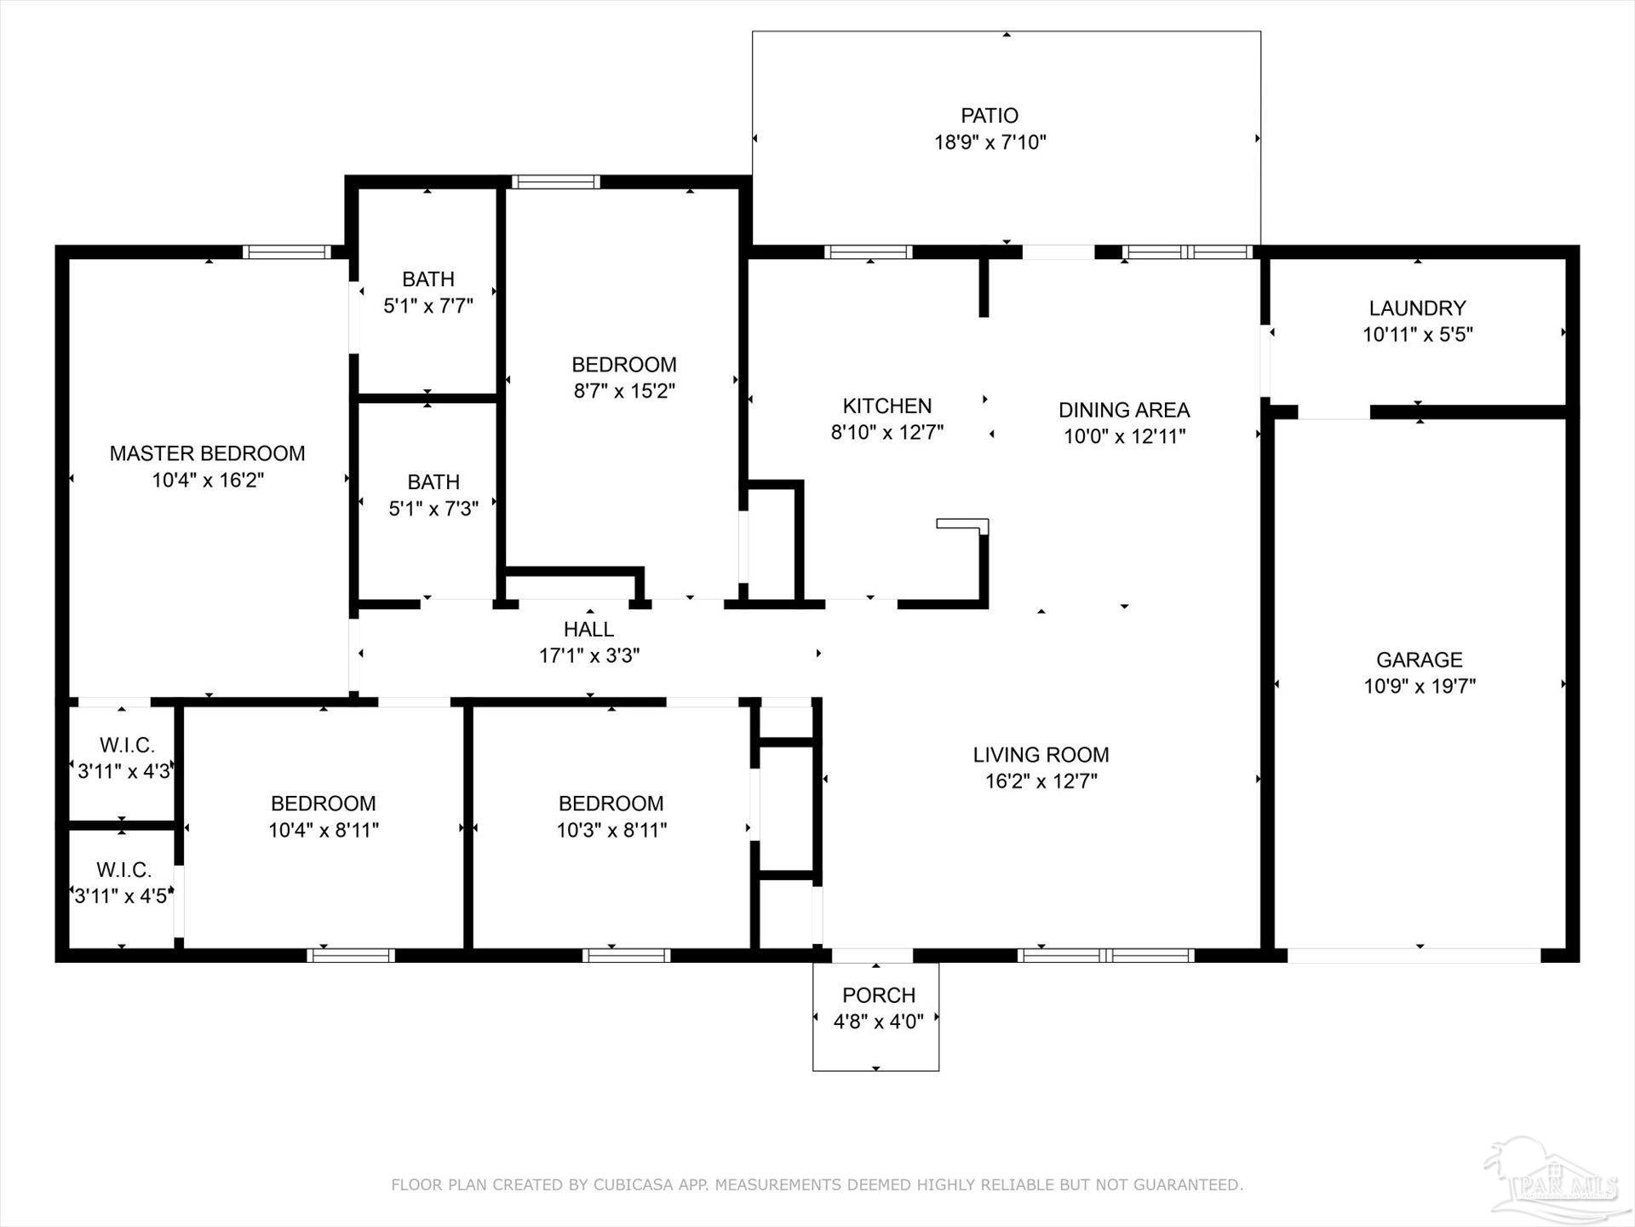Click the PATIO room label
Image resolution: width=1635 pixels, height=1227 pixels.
pos(989,115)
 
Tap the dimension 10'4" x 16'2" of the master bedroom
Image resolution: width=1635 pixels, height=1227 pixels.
pos(208,480)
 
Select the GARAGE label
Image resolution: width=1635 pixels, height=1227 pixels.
pos(1419,660)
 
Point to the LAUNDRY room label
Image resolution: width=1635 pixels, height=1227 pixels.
pos(1417,308)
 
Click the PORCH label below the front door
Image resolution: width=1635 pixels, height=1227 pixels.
pos(878,994)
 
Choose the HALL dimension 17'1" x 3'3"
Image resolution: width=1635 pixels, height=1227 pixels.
pos(588,656)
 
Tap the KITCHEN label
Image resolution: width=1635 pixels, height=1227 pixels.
pos(886,406)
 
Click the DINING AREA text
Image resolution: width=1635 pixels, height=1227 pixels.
pos(1123,410)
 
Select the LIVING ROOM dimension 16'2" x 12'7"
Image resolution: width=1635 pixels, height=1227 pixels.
pos(1041,781)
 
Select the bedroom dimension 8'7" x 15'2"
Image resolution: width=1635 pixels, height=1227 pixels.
pos(624,391)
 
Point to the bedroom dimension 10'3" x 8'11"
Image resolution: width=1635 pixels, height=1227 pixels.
pos(611,830)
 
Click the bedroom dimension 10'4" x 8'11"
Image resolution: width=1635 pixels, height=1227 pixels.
pos(324,830)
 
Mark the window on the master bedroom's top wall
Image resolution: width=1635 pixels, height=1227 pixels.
pos(286,251)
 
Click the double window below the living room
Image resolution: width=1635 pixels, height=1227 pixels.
pos(1104,955)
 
